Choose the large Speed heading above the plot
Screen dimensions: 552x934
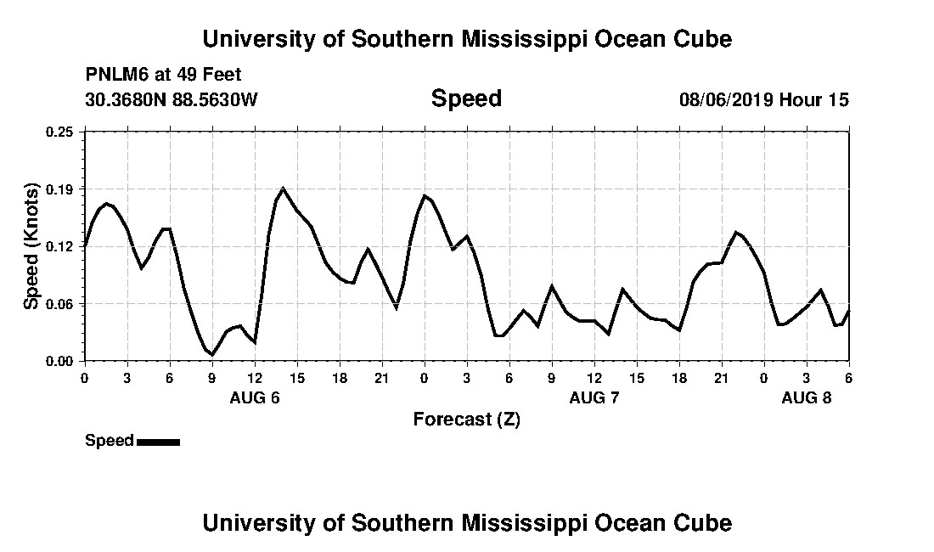pos(466,99)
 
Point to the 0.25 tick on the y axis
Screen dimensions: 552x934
pos(60,132)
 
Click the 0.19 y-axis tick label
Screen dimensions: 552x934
pos(60,189)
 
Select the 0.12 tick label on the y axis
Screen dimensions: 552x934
pos(60,246)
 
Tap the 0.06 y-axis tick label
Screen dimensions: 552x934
pos(60,304)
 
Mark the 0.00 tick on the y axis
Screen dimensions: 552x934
pos(60,361)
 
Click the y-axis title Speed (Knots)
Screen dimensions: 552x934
pos(31,246)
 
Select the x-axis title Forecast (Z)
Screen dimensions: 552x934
pos(466,419)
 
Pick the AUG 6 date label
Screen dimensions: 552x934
pos(255,397)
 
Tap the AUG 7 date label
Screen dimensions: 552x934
pos(594,397)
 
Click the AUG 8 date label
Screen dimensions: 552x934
pos(807,397)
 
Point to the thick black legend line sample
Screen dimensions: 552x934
pos(158,442)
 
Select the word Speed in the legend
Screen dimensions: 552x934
pos(109,441)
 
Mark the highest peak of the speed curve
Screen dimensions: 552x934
pos(283,188)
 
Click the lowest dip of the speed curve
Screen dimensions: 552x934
pos(212,354)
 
